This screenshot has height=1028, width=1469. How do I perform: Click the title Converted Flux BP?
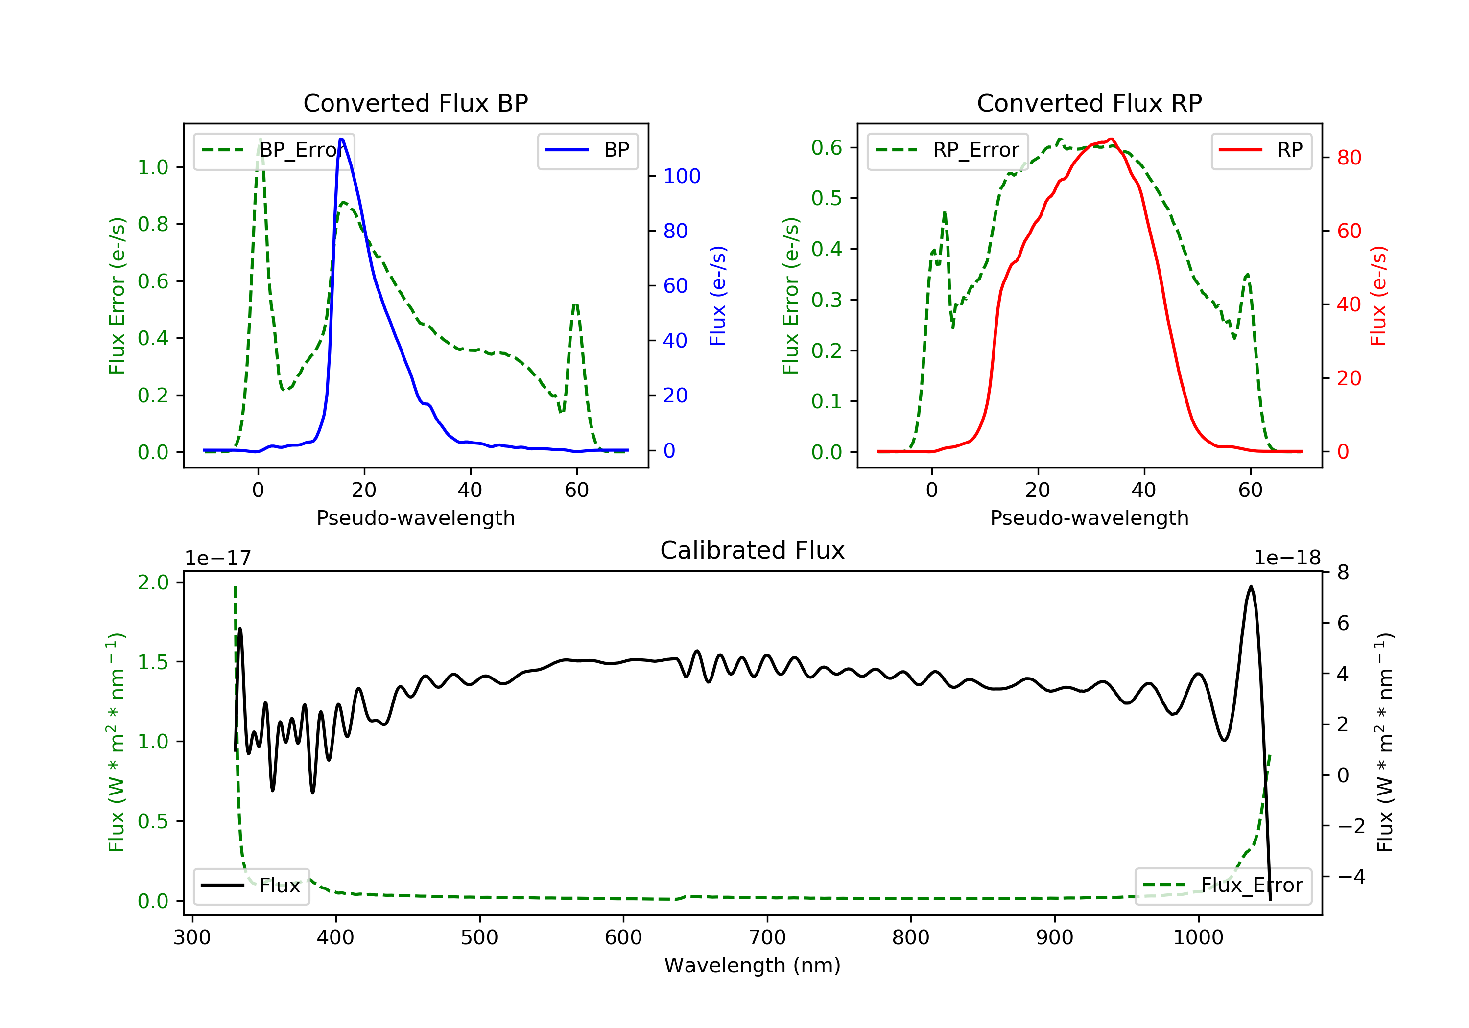pos(415,103)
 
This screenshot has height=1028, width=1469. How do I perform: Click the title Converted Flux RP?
pos(1089,103)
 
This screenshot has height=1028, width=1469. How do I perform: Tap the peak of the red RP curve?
pos(1112,139)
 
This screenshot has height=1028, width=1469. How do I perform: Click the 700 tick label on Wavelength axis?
pos(767,938)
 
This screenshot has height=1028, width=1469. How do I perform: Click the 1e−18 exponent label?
pos(1287,559)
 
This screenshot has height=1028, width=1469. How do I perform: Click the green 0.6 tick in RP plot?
pos(827,148)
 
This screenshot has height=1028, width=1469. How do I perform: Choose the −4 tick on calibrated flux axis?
pos(1351,876)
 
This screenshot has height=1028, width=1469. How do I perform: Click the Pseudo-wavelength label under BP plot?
pos(415,518)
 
